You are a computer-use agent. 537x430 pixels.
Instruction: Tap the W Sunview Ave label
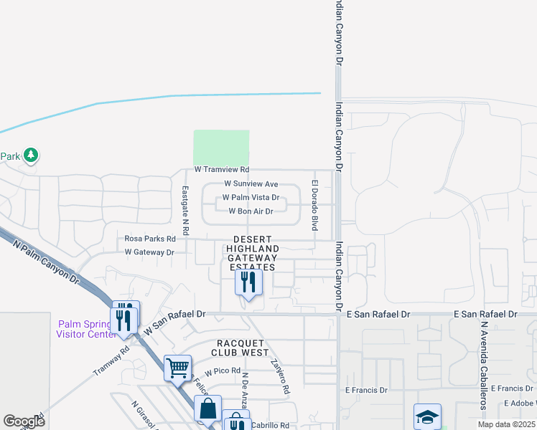251,184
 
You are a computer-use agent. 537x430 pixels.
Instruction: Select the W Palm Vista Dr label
251,198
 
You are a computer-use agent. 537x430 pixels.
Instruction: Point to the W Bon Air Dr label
251,211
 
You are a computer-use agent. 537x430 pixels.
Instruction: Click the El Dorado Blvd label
314,204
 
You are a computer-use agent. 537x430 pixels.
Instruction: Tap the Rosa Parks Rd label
150,239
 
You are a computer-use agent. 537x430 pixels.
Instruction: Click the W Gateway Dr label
149,252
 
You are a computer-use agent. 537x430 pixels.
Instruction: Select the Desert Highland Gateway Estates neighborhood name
251,253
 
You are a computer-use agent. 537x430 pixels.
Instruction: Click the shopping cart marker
177,368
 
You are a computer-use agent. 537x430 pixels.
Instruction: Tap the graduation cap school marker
426,416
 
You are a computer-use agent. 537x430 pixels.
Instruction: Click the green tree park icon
31,155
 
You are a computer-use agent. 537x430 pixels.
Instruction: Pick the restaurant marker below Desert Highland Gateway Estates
248,282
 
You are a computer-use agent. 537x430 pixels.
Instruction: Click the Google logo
24,421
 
